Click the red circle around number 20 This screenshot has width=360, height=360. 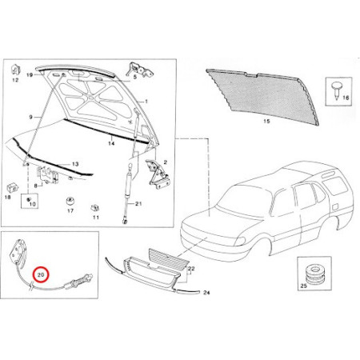tap(41, 274)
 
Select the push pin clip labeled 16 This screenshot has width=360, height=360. tap(336, 90)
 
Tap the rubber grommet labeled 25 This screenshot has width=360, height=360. tap(316, 274)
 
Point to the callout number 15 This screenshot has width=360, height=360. tap(266, 122)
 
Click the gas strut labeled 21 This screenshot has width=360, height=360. tap(128, 193)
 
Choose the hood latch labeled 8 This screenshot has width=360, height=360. tap(48, 174)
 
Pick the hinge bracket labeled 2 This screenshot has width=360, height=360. tap(157, 174)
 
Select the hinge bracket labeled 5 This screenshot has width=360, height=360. tap(140, 70)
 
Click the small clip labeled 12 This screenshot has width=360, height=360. tap(15, 70)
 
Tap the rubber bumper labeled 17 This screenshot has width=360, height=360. tap(70, 201)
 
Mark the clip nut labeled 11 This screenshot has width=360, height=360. tap(94, 208)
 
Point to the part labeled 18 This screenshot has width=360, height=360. tap(12, 188)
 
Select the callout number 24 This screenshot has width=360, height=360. tap(206, 293)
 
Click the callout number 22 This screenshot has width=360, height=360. tap(191, 268)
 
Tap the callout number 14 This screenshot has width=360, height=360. tap(111, 143)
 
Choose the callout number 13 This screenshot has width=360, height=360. tap(75, 164)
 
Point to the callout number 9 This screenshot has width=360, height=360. tap(30, 117)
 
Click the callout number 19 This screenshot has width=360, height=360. tap(30, 75)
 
